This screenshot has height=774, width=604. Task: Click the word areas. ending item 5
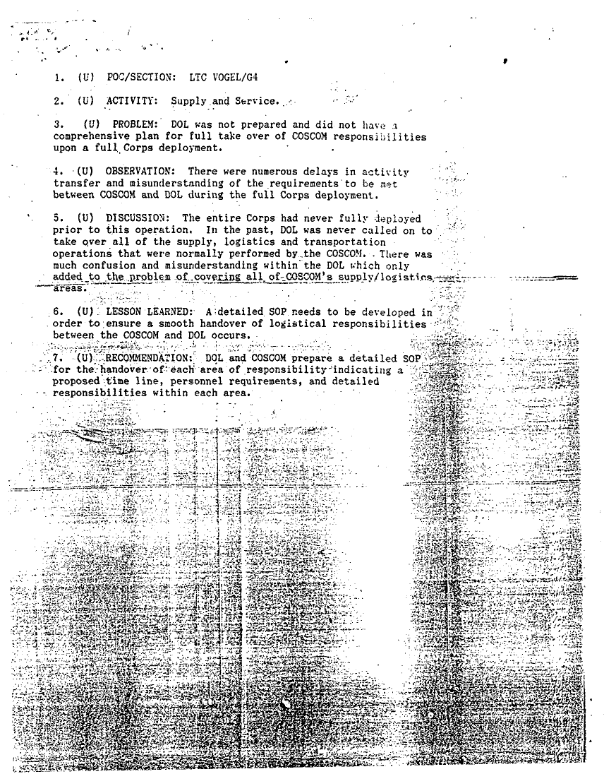tap(71, 288)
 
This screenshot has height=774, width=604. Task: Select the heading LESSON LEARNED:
tap(148, 311)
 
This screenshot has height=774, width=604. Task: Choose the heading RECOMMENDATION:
tap(149, 358)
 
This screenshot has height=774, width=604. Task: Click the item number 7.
tap(57, 358)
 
